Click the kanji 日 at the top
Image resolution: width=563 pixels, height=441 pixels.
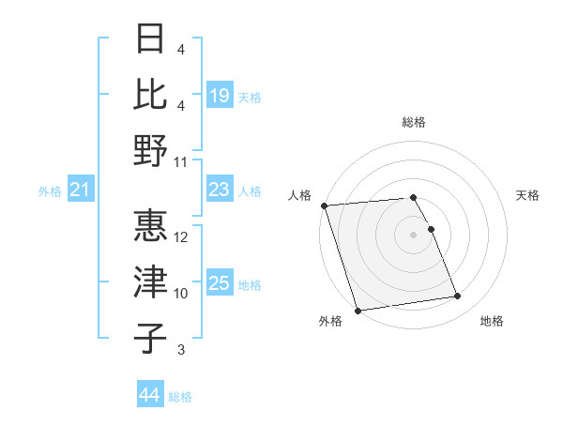coord(150,40)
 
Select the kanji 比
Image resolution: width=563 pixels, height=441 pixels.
coord(150,94)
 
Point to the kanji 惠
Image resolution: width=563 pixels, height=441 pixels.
coord(150,226)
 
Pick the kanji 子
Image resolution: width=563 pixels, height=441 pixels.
coord(150,337)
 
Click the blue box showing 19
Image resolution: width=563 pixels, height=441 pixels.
coord(220,95)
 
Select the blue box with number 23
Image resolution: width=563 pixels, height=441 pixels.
coord(220,190)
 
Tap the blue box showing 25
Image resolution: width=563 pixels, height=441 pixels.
coord(220,284)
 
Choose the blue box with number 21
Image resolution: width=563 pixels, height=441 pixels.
coord(81,190)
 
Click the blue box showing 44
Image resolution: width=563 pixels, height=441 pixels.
coord(149,396)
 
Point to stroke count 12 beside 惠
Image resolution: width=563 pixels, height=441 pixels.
coord(182,237)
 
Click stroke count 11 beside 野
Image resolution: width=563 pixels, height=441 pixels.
coord(182,161)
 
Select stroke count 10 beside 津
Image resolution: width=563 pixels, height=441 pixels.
coord(182,294)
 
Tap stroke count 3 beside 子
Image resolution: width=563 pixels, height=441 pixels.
coord(181,350)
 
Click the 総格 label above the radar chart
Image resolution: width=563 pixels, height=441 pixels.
coord(414,122)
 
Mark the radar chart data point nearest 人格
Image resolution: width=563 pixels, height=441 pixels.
coord(324,205)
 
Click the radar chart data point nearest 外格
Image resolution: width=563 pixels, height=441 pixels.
coord(358,311)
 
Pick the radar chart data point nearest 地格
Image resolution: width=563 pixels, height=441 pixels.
coord(458,297)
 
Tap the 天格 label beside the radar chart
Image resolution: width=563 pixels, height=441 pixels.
coord(528,195)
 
